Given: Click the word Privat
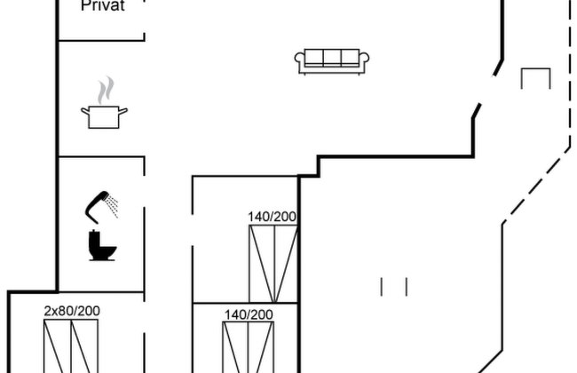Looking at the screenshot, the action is pyautogui.click(x=103, y=5).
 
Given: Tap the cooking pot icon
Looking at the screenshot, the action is pyautogui.click(x=104, y=117).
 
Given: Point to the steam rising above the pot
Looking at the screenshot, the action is pyautogui.click(x=106, y=90).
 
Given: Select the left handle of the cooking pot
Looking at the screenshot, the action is pyautogui.click(x=85, y=111).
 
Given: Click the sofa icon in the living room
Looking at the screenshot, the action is pyautogui.click(x=332, y=61).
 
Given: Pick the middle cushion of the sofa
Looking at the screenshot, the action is pyautogui.click(x=332, y=58).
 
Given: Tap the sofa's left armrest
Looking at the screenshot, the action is pyautogui.click(x=299, y=59).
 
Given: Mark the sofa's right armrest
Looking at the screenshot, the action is pyautogui.click(x=364, y=59).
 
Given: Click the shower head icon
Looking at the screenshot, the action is pyautogui.click(x=97, y=206).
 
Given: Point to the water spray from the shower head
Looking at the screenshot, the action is pyautogui.click(x=113, y=207).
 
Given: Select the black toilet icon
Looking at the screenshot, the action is pyautogui.click(x=102, y=245).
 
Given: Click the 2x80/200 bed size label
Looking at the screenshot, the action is pyautogui.click(x=72, y=311).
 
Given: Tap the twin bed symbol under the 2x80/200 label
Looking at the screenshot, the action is pyautogui.click(x=71, y=346).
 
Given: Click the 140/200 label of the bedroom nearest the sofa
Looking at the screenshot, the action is pyautogui.click(x=272, y=217).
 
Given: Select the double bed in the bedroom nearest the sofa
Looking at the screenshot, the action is pyautogui.click(x=273, y=264).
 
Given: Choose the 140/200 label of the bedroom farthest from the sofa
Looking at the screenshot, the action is pyautogui.click(x=249, y=314).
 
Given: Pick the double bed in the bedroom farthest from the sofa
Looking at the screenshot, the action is pyautogui.click(x=248, y=347).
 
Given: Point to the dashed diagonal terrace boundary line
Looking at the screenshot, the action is pyautogui.click(x=536, y=185).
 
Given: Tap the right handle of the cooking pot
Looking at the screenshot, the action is pyautogui.click(x=123, y=110).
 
